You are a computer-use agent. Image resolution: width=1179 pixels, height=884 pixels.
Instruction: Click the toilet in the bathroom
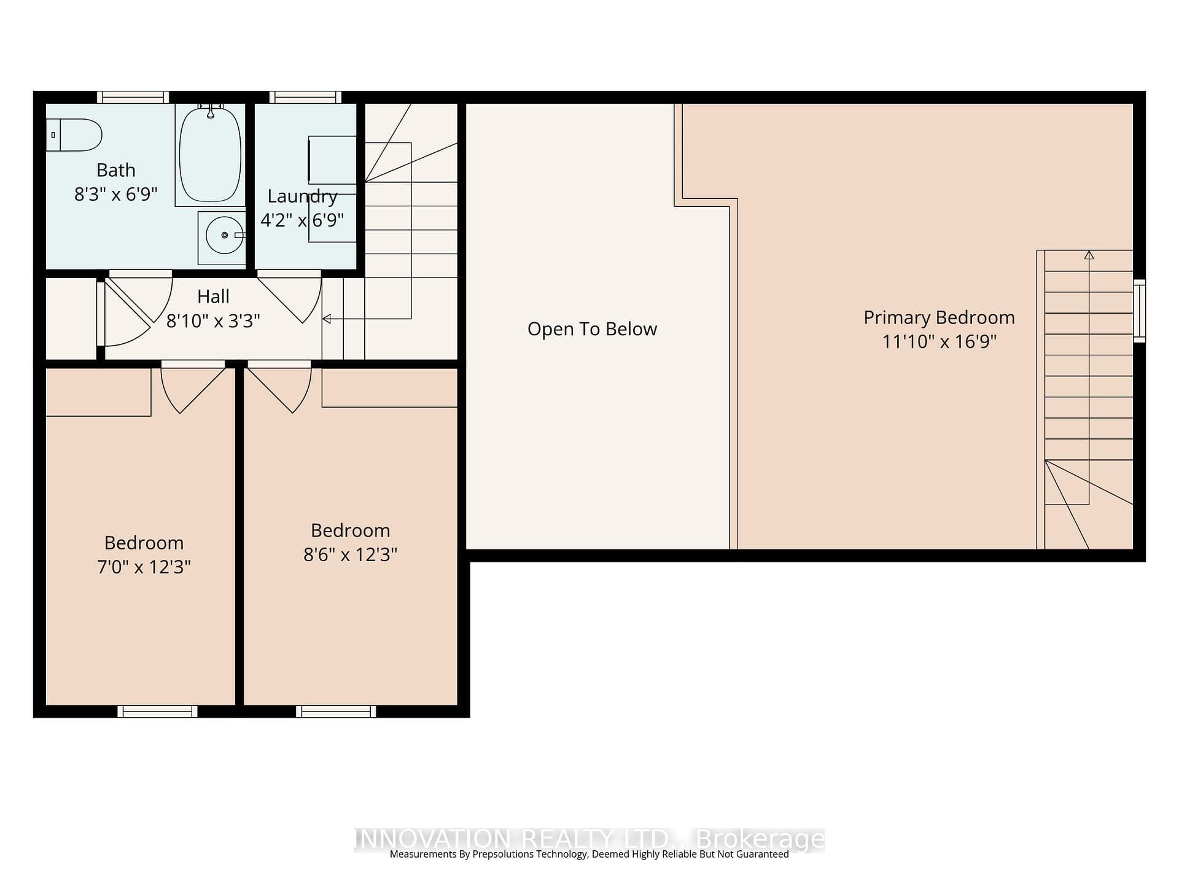[x=74, y=134]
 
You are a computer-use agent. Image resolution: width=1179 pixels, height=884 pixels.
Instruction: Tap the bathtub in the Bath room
[x=210, y=154]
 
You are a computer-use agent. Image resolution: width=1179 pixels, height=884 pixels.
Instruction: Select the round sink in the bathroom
[x=225, y=235]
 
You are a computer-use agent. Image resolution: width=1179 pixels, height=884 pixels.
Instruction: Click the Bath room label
[x=116, y=170]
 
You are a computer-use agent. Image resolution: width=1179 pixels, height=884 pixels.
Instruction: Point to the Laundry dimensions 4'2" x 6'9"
[x=302, y=220]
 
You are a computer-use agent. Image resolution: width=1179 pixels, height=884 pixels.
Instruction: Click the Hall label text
[x=213, y=297]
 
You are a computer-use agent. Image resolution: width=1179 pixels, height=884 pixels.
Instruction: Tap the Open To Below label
[x=592, y=329]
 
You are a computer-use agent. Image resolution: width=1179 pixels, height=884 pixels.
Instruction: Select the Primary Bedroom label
[x=939, y=317]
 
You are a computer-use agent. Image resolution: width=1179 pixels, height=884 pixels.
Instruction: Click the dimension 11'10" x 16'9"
[x=939, y=341]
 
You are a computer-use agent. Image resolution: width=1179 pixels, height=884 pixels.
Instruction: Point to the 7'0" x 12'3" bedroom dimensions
[x=144, y=567]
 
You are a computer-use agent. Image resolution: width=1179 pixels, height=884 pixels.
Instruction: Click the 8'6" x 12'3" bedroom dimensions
[x=350, y=554]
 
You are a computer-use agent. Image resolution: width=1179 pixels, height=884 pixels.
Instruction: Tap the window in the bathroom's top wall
[x=133, y=97]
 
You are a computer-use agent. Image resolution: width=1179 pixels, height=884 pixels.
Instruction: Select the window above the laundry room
[x=305, y=97]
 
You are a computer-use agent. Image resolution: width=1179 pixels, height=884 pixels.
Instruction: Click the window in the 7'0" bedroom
[x=158, y=711]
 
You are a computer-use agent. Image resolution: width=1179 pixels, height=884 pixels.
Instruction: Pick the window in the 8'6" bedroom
[x=336, y=711]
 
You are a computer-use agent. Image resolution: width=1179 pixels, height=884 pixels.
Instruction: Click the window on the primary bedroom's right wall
[x=1140, y=311]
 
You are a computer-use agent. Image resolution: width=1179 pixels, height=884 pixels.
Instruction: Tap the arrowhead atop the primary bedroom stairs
[x=1089, y=255]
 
